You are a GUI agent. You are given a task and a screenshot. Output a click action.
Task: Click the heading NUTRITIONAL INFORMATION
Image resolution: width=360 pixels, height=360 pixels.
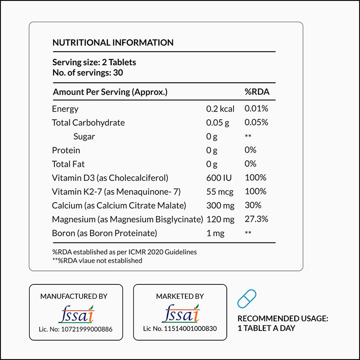tap(113, 43)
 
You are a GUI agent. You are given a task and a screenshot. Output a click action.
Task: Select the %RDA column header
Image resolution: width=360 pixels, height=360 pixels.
tap(257, 92)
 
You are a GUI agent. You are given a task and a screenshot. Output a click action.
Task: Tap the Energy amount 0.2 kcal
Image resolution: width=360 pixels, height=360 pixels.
tap(220, 108)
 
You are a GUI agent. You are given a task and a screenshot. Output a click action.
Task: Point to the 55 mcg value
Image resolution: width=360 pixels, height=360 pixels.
tap(220, 192)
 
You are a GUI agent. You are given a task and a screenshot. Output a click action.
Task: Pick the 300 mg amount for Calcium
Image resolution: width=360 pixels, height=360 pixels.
tap(220, 205)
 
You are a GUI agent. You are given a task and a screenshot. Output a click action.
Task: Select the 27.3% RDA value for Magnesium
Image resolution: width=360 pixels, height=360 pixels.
tap(256, 219)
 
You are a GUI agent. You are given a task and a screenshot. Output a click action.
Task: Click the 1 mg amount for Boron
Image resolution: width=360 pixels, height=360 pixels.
tap(215, 233)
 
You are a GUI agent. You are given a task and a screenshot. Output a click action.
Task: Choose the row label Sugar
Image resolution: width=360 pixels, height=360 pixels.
tap(84, 136)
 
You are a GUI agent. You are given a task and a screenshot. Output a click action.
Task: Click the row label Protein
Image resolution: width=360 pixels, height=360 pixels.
tap(66, 150)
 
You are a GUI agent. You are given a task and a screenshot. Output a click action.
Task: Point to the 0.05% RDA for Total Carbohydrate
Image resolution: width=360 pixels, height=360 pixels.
tap(256, 122)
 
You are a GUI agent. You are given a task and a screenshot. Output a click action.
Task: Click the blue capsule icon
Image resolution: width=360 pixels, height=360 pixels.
tap(247, 299)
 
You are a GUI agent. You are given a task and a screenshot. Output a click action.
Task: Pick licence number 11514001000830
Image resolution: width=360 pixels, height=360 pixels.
tap(180, 328)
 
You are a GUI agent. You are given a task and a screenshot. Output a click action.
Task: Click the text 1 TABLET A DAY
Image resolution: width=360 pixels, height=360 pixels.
tap(266, 328)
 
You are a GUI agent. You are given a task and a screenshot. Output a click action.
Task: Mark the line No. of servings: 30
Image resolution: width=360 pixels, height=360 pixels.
tap(88, 72)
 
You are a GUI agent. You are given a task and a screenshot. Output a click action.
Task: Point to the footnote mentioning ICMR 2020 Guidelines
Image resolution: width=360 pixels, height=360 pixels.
tap(125, 252)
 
